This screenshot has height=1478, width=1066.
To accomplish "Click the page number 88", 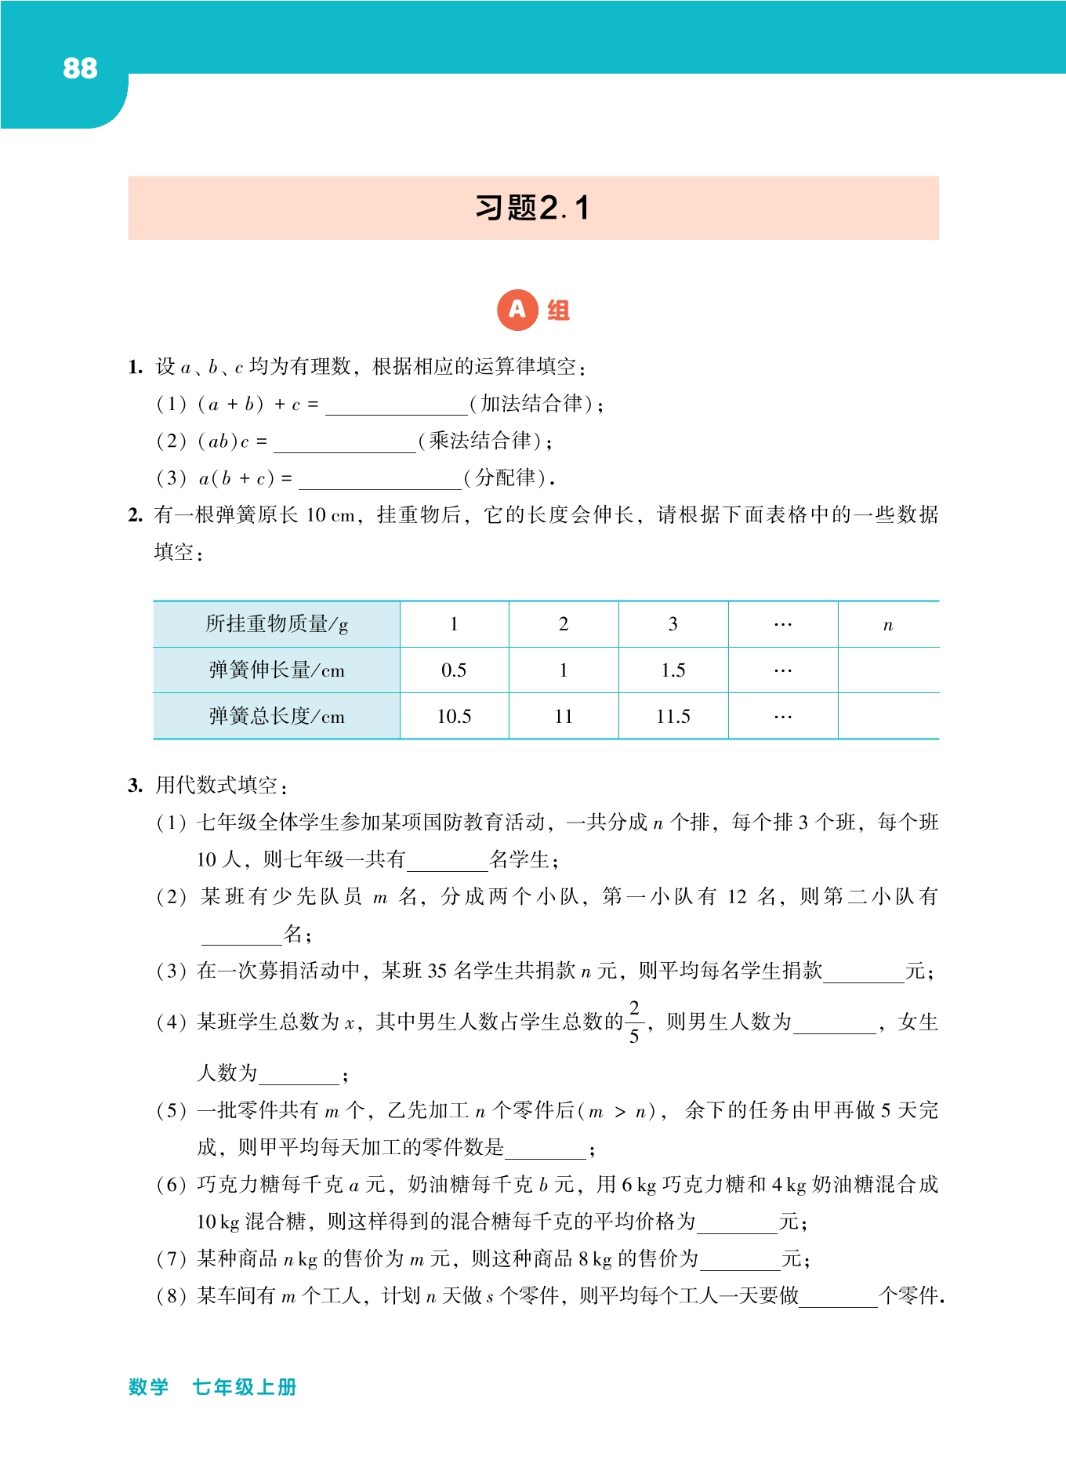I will tap(80, 68).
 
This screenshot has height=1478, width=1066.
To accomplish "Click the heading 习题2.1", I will tap(532, 208).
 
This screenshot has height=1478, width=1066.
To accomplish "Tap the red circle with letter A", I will tap(517, 310).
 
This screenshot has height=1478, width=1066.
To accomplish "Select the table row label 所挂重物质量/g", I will tap(276, 624).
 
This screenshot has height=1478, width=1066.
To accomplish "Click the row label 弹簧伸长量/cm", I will tap(276, 670).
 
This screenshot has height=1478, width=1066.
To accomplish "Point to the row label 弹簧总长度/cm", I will tap(276, 716).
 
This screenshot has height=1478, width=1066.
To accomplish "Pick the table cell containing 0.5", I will tap(454, 670).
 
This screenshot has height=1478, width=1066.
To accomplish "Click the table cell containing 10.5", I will tap(454, 716).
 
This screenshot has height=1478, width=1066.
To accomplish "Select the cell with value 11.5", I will tap(673, 716).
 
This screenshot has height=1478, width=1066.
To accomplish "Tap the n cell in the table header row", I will tap(887, 625).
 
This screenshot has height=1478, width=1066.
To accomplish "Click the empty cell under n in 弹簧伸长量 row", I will tap(887, 670).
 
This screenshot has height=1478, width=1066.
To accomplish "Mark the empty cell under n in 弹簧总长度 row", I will tap(887, 716).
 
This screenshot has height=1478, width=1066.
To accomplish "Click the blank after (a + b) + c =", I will tap(396, 405).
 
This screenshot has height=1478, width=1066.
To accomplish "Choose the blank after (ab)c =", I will tap(344, 443).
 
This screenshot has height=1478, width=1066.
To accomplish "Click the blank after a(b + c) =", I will tap(379, 480).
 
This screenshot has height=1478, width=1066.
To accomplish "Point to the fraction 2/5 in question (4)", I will tap(634, 1022).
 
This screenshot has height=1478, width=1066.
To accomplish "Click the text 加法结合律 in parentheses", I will tap(531, 404).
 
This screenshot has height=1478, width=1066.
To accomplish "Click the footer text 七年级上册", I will tap(245, 1387).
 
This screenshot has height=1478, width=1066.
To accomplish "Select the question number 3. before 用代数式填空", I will tap(135, 786).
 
